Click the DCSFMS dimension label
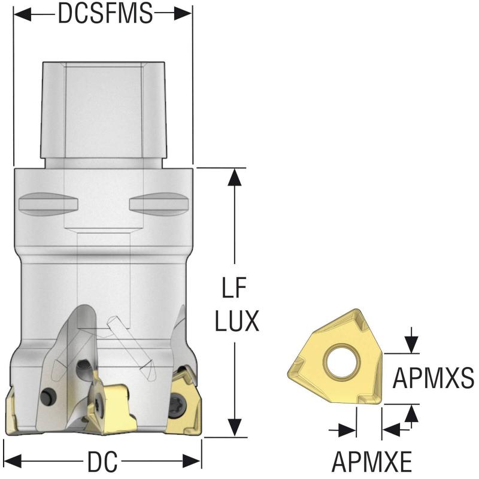[105, 13]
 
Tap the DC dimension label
[102, 461]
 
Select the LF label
[234, 287]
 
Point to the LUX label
[237, 321]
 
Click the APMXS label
[433, 378]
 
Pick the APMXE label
[371, 462]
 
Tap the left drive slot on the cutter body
[48, 204]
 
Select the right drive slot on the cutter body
[159, 204]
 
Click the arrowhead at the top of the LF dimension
[235, 177]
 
